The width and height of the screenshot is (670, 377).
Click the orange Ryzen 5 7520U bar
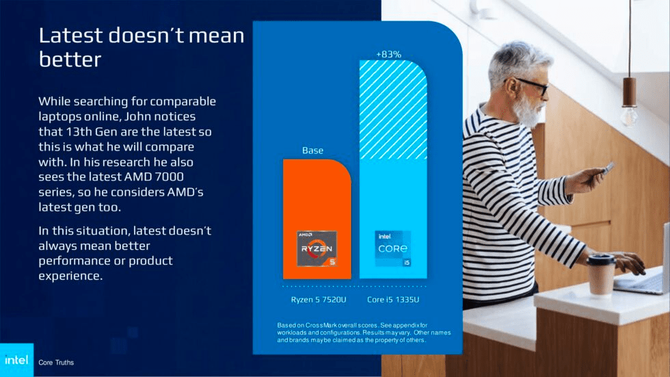(x=317, y=198)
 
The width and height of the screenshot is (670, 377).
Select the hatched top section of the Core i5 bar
(x=393, y=109)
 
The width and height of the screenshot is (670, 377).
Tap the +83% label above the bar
(x=388, y=53)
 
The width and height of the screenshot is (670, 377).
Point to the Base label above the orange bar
(x=312, y=151)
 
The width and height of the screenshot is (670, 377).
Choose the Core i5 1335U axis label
(x=393, y=299)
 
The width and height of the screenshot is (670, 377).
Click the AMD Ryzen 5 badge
(x=317, y=249)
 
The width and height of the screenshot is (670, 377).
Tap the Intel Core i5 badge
(x=392, y=248)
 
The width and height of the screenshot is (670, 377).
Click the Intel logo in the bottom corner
(x=16, y=360)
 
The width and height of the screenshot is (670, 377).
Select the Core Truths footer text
(x=56, y=362)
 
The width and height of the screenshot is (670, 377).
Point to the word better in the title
(x=70, y=60)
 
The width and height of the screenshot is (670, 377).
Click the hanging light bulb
(x=628, y=113)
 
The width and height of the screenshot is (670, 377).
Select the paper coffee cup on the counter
(x=601, y=276)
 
